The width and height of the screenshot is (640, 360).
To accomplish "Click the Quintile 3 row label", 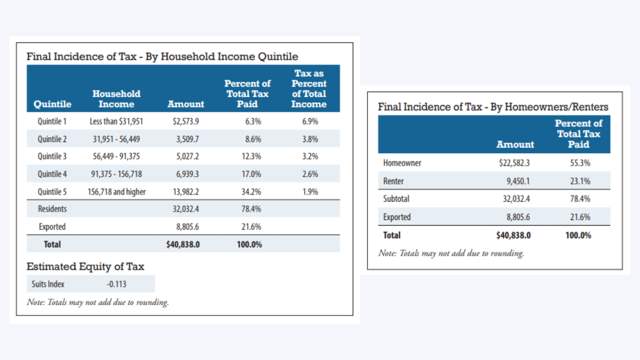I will coord(52,156).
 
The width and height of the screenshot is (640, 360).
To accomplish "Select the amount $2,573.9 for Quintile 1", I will coord(186,121).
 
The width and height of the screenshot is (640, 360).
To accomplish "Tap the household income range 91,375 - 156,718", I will coord(116,174).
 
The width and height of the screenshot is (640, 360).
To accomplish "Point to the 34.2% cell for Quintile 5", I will coord(251,192).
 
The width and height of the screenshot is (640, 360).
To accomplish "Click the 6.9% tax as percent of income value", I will coord(310,121).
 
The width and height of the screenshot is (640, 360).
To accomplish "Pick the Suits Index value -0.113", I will coord(116,284).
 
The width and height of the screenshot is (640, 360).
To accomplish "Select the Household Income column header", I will coord(116,99).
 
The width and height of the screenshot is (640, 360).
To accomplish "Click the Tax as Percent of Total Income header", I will coord(309,89).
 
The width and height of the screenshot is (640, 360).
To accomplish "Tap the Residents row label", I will coord(52,209).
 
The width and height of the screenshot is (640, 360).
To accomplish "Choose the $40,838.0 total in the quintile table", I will coord(183,244).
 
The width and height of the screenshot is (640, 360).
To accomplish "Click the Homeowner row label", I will coord(402,163).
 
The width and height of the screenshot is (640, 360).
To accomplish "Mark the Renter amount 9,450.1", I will coord(518,181).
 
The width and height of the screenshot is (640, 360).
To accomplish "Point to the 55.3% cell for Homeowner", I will coord(580,163).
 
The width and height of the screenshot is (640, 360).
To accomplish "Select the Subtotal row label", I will coord(396,199).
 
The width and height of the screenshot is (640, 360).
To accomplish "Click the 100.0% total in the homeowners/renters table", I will coord(578,235).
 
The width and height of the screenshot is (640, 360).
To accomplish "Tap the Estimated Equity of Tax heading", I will coord(85,266).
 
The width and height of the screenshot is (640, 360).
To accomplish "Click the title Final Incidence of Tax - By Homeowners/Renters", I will coord(493,107).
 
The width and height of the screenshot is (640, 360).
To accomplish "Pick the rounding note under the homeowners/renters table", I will coord(451,253).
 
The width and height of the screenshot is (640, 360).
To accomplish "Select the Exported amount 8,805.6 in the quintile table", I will coord(188,227).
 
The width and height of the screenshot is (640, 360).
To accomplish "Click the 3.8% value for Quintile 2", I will coord(310,139).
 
